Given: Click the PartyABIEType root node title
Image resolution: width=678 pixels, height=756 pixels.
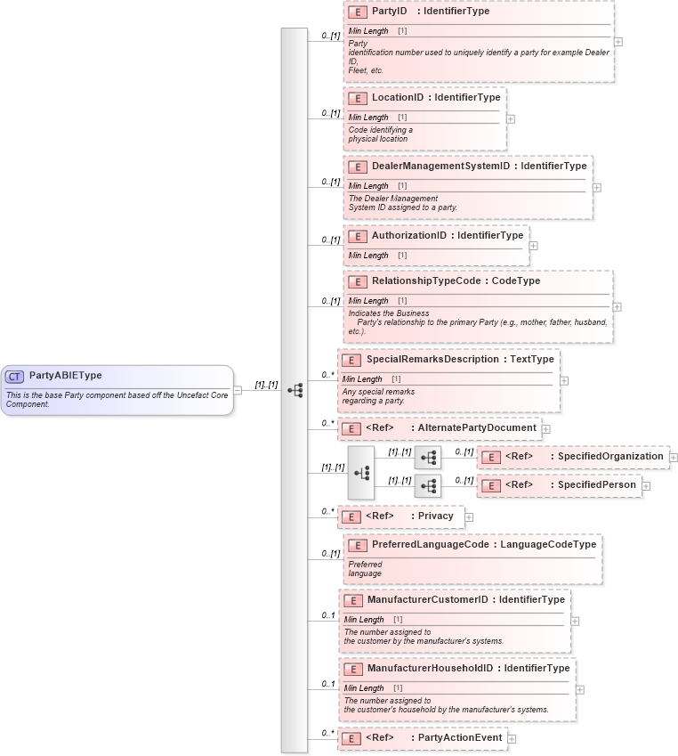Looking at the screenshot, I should [65, 376].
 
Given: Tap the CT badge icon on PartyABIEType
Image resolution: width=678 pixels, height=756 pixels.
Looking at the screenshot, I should [15, 377].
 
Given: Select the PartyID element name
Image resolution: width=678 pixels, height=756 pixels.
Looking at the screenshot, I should [389, 12].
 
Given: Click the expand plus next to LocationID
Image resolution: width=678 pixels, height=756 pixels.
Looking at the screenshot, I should [510, 118].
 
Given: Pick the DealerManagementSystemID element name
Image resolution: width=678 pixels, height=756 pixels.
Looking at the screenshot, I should [440, 166].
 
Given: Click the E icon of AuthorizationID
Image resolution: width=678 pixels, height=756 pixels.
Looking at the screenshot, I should [358, 236].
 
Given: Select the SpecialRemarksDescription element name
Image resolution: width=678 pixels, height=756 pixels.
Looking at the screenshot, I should [432, 359].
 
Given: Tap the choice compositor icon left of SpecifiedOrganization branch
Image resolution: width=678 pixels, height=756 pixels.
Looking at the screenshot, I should [361, 473].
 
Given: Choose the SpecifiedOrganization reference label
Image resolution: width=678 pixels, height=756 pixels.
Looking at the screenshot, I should [609, 457].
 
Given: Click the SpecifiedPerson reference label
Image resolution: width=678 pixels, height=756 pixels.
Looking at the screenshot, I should [596, 485].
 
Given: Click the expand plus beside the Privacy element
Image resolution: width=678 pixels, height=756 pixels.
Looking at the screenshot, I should [469, 516].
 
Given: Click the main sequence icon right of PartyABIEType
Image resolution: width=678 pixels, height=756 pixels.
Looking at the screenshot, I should [295, 390].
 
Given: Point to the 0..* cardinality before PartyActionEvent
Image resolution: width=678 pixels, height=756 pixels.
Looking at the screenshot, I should [327, 733].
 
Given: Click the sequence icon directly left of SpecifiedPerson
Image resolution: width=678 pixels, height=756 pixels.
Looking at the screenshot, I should [428, 485].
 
